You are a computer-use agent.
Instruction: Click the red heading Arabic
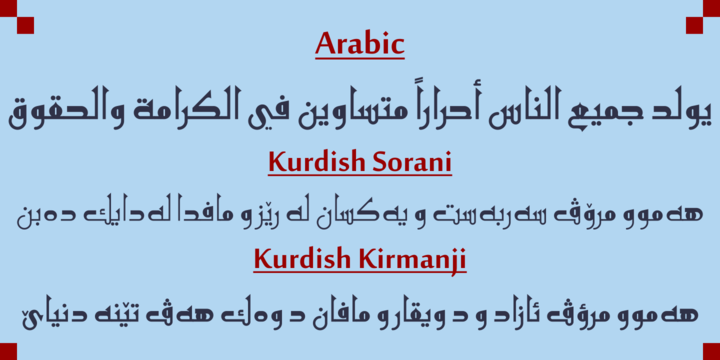(x=359, y=44)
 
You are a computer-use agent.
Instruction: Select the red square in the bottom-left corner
(x=8, y=351)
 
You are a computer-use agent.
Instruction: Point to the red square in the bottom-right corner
(x=711, y=351)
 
